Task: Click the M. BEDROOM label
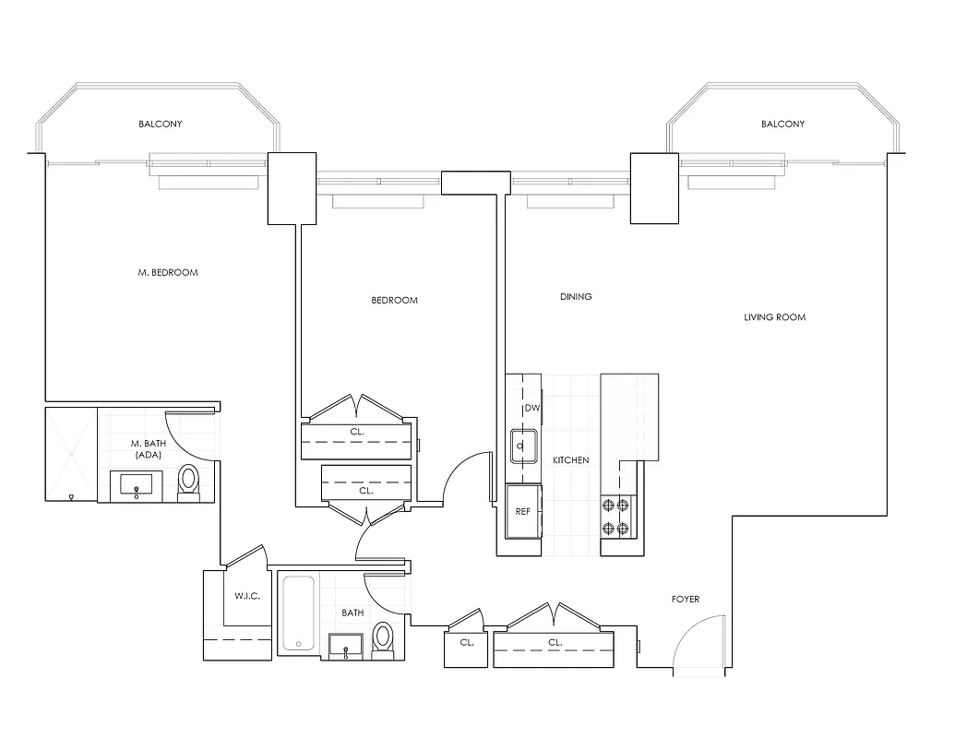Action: (x=167, y=273)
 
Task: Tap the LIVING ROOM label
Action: (x=774, y=317)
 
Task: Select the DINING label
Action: (x=576, y=297)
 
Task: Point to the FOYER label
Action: (x=685, y=600)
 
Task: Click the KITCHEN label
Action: (x=570, y=460)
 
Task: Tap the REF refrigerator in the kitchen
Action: (x=522, y=512)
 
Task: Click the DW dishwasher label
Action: (x=531, y=408)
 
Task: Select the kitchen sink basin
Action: (x=521, y=446)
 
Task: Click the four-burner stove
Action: (x=615, y=517)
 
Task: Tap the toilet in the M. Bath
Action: (x=189, y=481)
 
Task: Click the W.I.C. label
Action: (x=246, y=596)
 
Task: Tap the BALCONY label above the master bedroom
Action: (x=161, y=124)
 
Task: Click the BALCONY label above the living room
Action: (x=782, y=124)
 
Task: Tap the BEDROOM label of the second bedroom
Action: (x=394, y=300)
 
